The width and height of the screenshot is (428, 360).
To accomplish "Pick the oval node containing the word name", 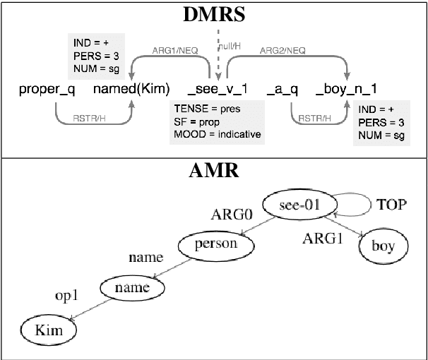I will (133, 287).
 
